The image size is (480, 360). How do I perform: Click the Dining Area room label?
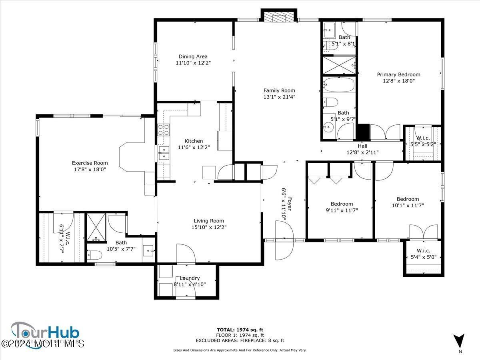(193, 56)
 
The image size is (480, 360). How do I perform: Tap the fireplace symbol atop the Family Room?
(279, 16)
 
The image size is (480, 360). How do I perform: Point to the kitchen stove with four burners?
(163, 130)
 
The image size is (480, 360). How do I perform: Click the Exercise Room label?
(90, 163)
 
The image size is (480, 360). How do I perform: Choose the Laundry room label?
(189, 278)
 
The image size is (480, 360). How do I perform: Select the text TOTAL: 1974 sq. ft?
(240, 330)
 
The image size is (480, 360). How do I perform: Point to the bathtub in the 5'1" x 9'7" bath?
(338, 85)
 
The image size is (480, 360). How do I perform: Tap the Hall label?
(362, 146)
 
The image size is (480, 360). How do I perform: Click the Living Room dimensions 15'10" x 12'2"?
(209, 227)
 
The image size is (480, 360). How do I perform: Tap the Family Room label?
(279, 90)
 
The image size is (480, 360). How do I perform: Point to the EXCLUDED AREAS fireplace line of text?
(240, 341)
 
